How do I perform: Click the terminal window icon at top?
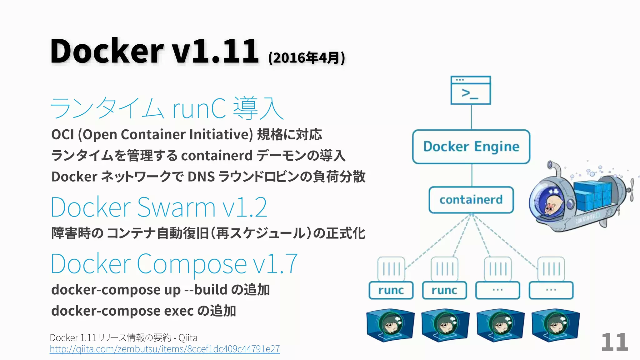pos(471,90)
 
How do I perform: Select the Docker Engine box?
pos(471,147)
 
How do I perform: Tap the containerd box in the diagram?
pos(471,200)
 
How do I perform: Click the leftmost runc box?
pos(391,290)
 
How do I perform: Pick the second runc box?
pos(444,290)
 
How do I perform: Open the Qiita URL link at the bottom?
pos(165,349)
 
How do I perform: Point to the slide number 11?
pos(614,342)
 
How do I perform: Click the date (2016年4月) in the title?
pos(307,58)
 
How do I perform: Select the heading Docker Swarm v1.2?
pos(159,207)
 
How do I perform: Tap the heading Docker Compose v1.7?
pos(174,264)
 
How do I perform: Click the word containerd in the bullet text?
pos(217,156)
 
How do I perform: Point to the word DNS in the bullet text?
pos(201,177)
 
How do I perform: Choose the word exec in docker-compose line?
pos(179,311)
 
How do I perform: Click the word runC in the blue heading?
pos(199,108)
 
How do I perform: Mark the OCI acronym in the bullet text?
pos(62,135)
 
